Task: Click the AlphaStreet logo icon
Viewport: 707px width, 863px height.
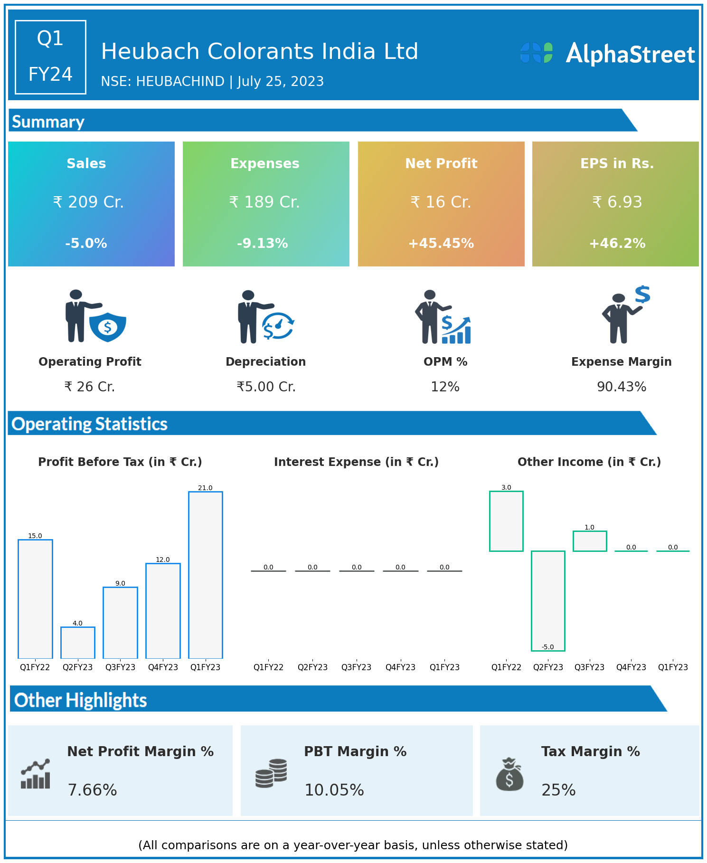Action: pos(537,53)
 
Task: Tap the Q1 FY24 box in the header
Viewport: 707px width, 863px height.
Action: pos(50,57)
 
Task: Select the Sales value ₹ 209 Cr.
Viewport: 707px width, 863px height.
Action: pos(88,202)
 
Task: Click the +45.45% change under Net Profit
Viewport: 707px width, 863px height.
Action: pos(441,244)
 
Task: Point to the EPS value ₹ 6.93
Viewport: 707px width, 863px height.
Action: pos(617,202)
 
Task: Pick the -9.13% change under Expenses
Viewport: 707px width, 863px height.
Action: pos(263,244)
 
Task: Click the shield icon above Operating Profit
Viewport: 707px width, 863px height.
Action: pos(108,327)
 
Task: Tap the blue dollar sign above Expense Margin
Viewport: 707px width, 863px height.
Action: pos(642,294)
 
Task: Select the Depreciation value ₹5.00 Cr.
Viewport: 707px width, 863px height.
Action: pos(266,387)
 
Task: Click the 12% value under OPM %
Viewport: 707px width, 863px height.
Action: pos(445,387)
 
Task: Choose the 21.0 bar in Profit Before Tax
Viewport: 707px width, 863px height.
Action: pos(206,575)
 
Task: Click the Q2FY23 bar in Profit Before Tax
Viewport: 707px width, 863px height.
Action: pos(78,643)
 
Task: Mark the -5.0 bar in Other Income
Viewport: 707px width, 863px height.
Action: pos(548,601)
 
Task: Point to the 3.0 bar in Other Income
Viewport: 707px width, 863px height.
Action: pos(506,521)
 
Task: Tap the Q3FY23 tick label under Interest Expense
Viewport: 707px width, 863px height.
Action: pos(356,667)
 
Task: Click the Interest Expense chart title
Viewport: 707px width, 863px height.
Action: pos(356,462)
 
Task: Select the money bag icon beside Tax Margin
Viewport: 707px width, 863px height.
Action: pos(509,774)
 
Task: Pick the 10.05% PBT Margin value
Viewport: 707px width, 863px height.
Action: pos(334,790)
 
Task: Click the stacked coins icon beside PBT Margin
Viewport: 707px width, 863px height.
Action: pos(271,774)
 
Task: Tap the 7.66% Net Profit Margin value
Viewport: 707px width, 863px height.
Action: pos(92,790)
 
